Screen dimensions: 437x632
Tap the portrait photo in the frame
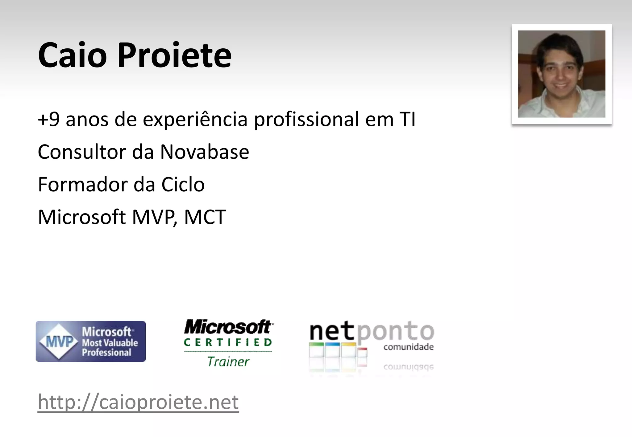click(561, 74)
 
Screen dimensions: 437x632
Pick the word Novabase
click(204, 152)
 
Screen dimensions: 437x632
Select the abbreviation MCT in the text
click(205, 217)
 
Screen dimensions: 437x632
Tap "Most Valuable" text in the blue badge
click(110, 343)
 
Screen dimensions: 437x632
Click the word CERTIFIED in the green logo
click(228, 342)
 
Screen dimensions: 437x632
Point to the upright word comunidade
click(408, 347)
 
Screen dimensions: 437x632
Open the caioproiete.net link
click(138, 402)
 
